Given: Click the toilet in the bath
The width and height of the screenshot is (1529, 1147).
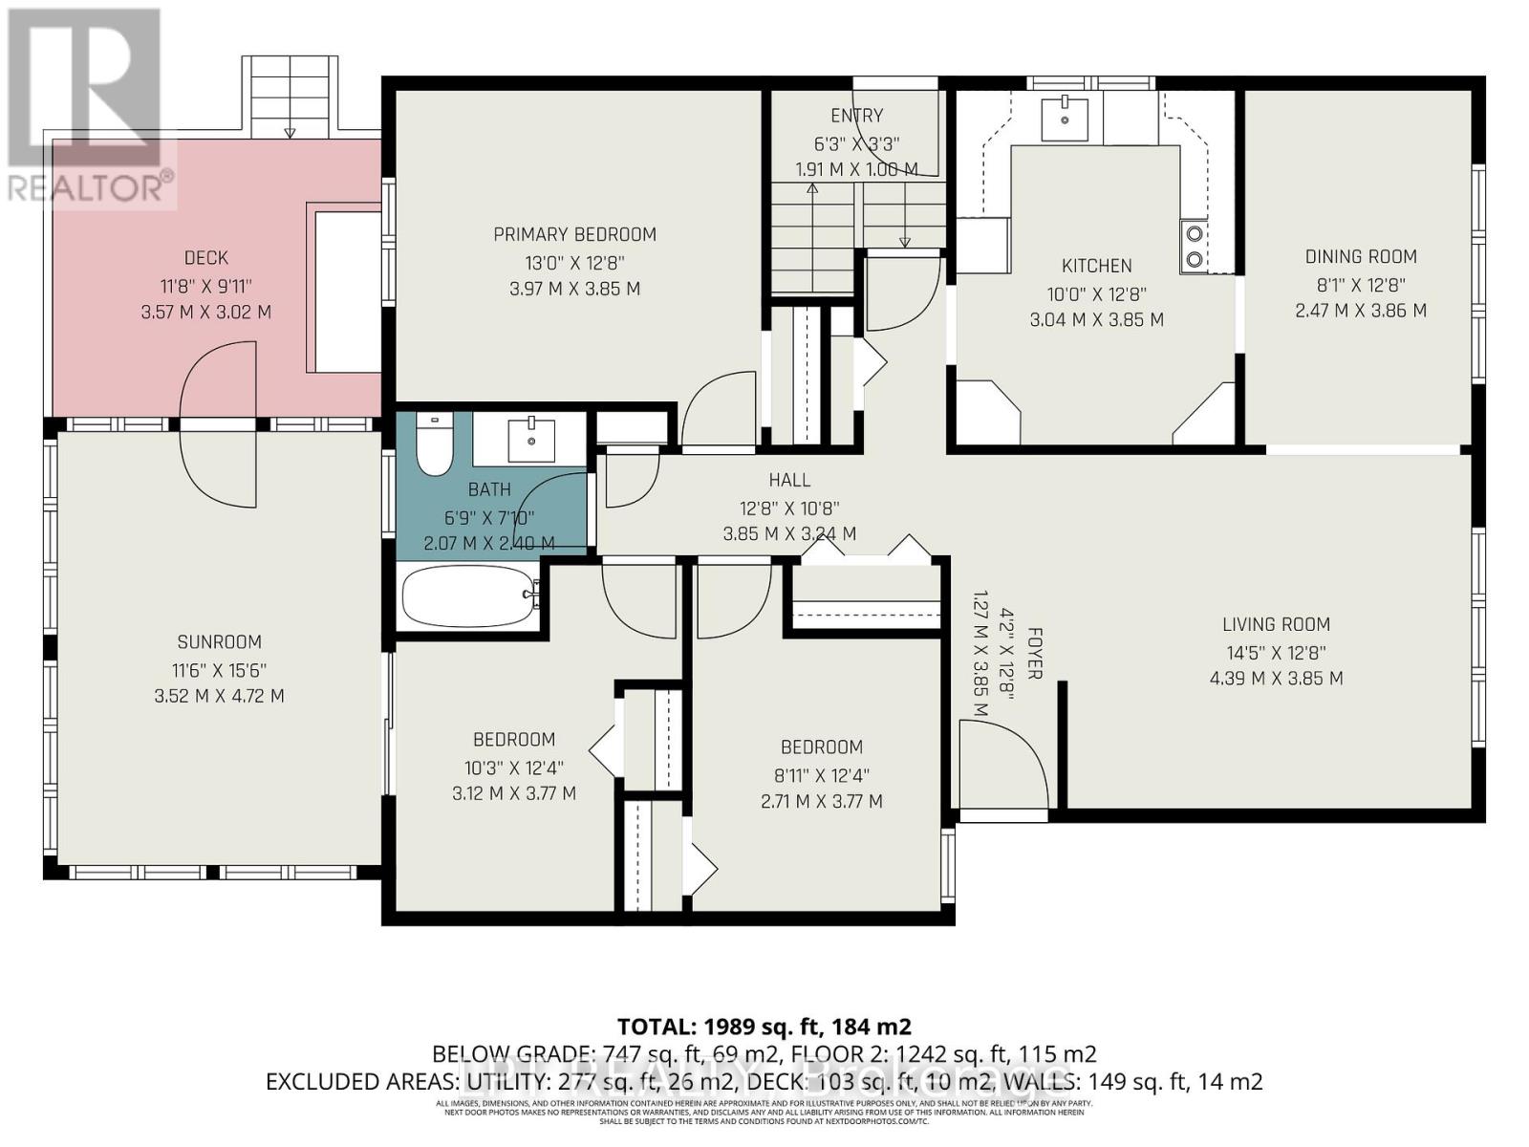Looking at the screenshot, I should click(x=436, y=446).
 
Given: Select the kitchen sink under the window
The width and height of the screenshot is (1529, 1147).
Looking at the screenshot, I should click(x=1064, y=119).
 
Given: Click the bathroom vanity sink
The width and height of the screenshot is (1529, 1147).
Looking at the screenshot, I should click(x=530, y=439).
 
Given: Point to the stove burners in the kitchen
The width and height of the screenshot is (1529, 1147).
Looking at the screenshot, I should click(x=1193, y=245).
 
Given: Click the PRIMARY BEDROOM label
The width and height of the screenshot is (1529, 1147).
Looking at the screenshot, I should click(x=574, y=234).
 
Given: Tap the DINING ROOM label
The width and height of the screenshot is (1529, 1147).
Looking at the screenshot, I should click(x=1361, y=256).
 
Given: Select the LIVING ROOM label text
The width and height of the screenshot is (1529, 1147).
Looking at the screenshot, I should click(x=1276, y=624).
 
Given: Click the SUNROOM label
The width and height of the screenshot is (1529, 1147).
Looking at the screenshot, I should click(x=219, y=642).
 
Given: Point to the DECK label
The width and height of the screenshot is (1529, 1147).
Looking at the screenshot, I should click(x=206, y=257).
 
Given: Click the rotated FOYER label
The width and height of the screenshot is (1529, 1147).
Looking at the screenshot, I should click(x=1034, y=654).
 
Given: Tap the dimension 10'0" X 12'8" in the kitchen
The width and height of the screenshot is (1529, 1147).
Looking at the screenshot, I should click(x=1096, y=294).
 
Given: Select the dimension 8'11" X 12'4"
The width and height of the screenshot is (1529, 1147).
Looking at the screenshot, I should click(x=821, y=775).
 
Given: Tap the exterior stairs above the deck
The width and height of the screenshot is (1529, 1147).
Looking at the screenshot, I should click(x=291, y=96).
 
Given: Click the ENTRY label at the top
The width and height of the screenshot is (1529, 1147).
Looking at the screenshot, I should click(x=856, y=116).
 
